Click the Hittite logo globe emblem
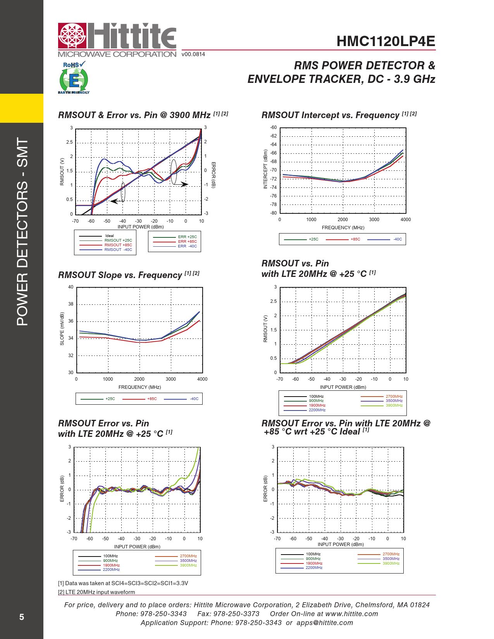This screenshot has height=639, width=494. [72, 36]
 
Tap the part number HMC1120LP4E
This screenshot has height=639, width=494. [386, 41]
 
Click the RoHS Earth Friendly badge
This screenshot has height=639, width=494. [74, 78]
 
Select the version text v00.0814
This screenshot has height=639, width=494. [193, 54]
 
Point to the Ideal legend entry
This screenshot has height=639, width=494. [109, 236]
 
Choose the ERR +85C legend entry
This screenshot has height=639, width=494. [187, 241]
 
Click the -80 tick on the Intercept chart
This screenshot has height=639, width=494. [273, 213]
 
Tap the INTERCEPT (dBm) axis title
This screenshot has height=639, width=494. [265, 169]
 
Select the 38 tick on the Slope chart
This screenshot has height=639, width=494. [71, 304]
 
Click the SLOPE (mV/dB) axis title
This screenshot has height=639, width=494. [62, 329]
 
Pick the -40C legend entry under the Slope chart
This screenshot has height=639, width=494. [194, 399]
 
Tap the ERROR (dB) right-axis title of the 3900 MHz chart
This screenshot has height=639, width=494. [213, 175]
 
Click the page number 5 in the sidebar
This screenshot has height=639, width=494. [22, 617]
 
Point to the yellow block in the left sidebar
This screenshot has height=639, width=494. [22, 108]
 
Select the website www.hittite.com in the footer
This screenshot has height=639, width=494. [351, 614]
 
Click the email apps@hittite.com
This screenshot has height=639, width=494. [325, 623]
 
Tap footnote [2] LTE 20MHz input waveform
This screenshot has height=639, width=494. [96, 592]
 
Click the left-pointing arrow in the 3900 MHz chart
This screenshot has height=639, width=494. [114, 201]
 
